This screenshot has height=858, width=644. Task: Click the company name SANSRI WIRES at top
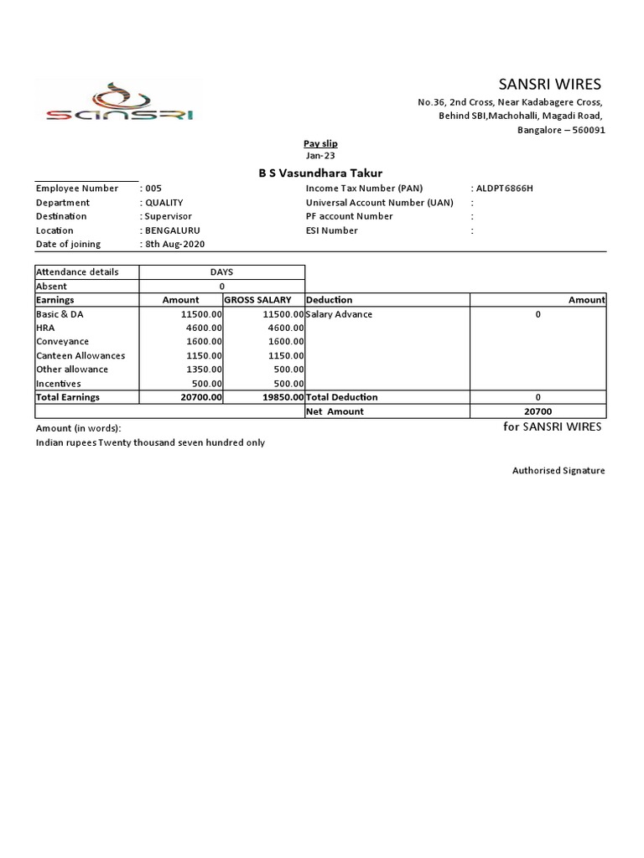[549, 84]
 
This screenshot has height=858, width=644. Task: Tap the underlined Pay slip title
[320, 143]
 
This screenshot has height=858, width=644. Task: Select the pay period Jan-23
[320, 155]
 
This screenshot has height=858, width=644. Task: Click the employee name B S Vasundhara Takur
[319, 173]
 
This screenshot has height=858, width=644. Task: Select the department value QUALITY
[164, 203]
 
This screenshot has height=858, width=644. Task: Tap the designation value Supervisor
[168, 216]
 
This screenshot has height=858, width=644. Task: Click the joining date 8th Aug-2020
[174, 244]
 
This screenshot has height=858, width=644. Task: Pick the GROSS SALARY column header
[257, 300]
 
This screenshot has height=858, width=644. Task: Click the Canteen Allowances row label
[80, 355]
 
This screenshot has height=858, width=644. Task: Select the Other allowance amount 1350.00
[204, 370]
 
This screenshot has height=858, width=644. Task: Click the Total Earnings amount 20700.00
[201, 397]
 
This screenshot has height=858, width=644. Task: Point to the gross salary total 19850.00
[283, 397]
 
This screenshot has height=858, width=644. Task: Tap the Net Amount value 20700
[538, 411]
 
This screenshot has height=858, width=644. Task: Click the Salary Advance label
[340, 314]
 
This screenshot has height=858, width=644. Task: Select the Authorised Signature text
[558, 471]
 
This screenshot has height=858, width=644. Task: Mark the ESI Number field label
[332, 230]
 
